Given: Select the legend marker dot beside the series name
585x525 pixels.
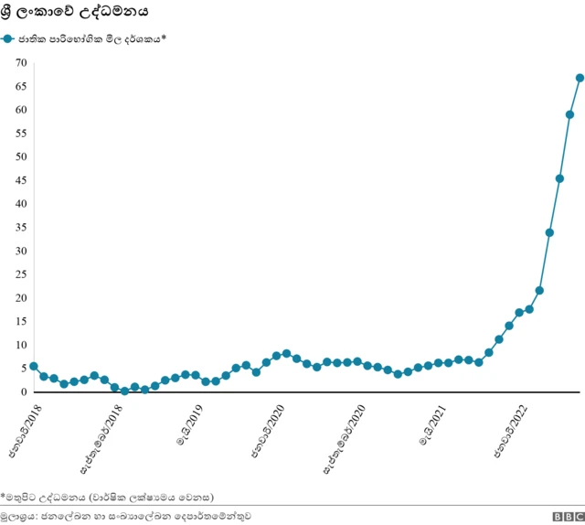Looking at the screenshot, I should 8,39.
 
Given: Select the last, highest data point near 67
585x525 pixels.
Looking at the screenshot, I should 580,78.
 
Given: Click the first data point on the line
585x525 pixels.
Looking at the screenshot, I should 34,366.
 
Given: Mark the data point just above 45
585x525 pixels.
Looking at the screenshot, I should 559,178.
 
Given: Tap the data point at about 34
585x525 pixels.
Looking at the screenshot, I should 549,232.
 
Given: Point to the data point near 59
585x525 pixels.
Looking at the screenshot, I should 569,115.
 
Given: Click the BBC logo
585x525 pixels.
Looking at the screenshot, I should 562,517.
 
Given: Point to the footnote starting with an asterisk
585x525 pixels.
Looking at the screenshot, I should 107,498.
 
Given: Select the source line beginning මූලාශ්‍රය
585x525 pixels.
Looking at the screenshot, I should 126,517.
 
